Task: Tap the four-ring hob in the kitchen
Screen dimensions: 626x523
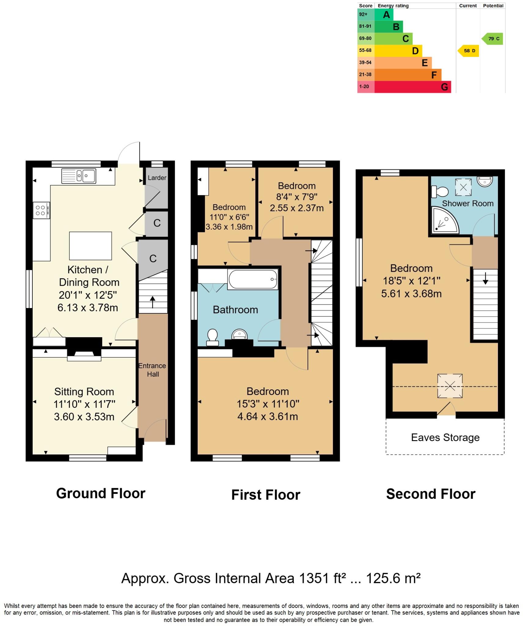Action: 41,210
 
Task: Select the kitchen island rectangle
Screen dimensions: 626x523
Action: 90,245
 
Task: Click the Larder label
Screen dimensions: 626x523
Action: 157,178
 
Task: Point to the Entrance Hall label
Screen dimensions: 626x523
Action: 152,370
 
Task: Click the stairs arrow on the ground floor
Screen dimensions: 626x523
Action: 152,302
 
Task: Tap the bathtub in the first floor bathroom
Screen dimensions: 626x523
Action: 253,279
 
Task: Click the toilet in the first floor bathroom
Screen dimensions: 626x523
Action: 212,337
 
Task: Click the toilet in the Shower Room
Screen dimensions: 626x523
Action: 440,192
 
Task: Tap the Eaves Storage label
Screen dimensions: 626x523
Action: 445,437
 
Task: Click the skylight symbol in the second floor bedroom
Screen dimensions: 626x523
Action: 450,386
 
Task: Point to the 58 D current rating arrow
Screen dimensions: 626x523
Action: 468,51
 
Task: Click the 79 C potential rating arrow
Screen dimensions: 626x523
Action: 492,39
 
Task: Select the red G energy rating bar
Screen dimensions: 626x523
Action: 412,87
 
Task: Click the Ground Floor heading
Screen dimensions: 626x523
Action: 101,494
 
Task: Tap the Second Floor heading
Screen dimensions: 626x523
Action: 430,494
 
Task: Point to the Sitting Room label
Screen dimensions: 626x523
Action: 84,392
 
